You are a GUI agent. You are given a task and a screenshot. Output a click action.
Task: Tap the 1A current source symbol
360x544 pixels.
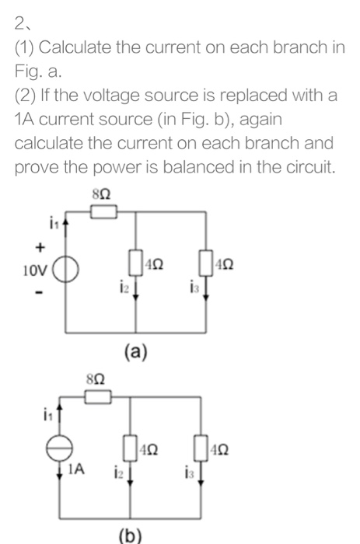coord(65,449)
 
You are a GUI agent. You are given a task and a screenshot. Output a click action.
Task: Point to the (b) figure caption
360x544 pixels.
coord(131,535)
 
